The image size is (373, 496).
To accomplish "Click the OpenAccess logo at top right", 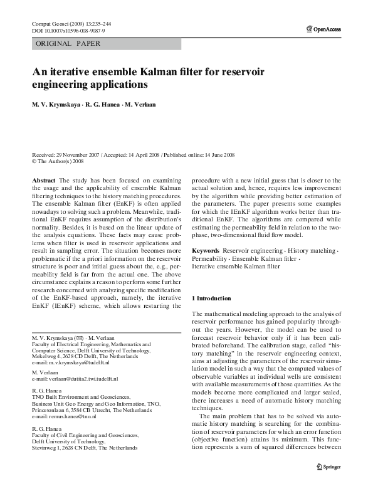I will click(324, 28).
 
